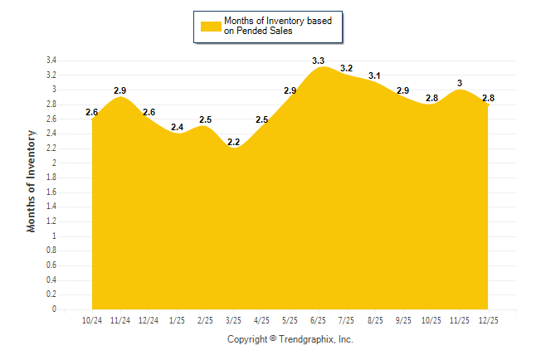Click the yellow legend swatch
pos(211,26)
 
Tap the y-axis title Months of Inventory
pos(32,180)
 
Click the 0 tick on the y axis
pos(54,309)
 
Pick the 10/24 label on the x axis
pos(92,319)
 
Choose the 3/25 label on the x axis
pos(233,319)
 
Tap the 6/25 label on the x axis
pos(318,319)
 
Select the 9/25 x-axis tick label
pos(402,319)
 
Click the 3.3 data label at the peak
pos(318,61)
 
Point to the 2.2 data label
pos(233,142)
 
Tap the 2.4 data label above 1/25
pos(177,127)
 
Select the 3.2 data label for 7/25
pos(346,68)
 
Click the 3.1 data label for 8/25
pos(374,75)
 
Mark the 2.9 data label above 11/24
pos(120,90)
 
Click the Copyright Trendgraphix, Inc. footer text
pos(290,339)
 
